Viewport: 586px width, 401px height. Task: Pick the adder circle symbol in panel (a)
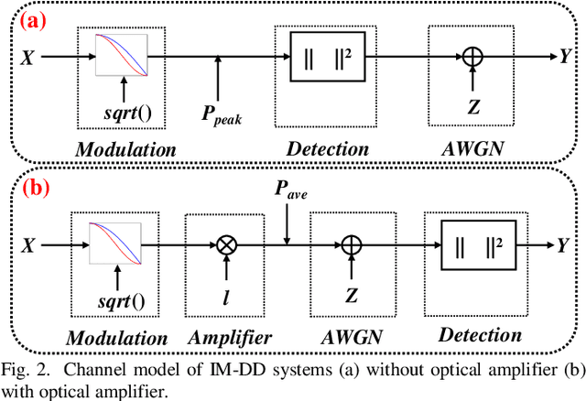(x=472, y=56)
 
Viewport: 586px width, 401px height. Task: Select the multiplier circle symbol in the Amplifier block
(x=225, y=245)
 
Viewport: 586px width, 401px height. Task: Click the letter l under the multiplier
(x=225, y=298)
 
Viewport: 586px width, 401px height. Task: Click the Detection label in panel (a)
(x=327, y=148)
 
